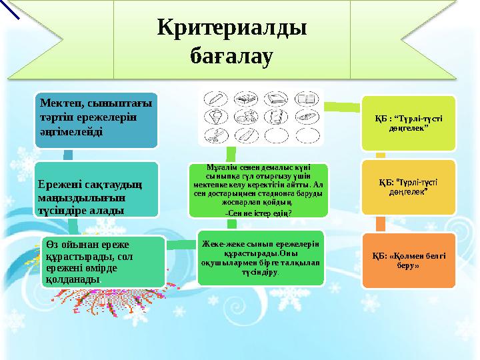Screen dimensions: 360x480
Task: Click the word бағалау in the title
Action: [x=231, y=56]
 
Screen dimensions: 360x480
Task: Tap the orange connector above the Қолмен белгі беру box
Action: [x=380, y=223]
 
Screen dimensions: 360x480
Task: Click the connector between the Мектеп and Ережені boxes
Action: [x=67, y=155]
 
